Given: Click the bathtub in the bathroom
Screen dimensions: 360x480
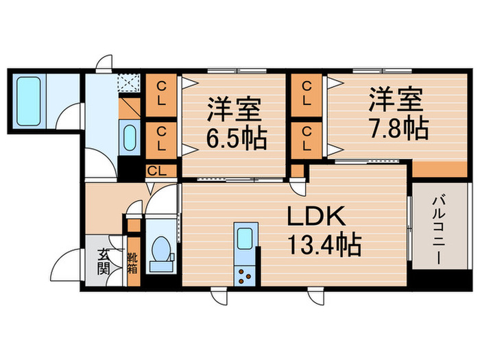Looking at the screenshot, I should [28, 99].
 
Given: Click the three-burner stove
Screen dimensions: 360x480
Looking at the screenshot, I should [244, 276].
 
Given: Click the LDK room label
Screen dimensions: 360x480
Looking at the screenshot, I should [320, 217].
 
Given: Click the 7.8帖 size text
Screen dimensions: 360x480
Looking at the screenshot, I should [398, 128].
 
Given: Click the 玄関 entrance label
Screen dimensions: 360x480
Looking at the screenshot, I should [103, 260].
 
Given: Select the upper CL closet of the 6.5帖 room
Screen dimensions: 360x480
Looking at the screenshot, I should [163, 95].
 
